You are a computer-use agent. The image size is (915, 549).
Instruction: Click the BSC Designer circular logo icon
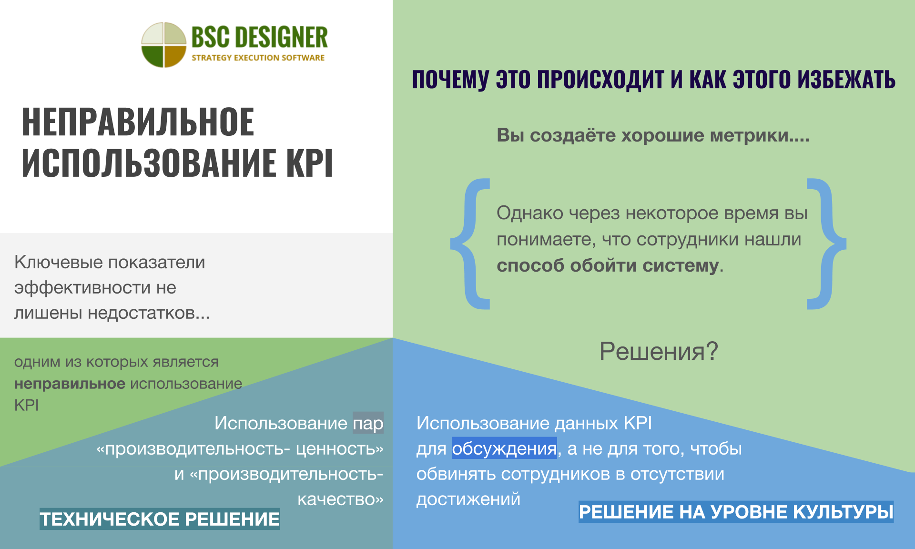point(163,45)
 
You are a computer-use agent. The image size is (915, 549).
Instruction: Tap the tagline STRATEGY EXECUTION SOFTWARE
point(258,58)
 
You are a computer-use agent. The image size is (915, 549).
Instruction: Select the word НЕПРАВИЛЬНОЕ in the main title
point(138,122)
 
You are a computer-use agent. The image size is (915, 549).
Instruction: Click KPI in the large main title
point(309,163)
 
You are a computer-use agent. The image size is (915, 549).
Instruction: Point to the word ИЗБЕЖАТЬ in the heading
point(846,79)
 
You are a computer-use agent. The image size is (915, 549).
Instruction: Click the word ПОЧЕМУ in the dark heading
point(450,79)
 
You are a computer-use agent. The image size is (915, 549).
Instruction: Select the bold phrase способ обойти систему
point(608,265)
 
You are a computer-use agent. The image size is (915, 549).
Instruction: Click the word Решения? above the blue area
point(659,351)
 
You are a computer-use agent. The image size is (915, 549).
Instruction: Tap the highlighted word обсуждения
point(504,448)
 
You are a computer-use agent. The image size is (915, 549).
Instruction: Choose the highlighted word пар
point(368,423)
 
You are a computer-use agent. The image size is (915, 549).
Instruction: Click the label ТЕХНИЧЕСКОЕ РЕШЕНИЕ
point(160,519)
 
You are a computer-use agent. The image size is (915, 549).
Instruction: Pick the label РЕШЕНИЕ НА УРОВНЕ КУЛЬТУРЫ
point(736,512)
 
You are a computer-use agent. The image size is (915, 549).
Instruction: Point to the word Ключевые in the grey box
point(59,262)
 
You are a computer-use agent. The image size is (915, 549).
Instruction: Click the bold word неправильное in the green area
point(70,384)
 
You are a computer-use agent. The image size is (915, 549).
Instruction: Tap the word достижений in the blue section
point(468,499)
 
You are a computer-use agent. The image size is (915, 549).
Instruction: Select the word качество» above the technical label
point(340,499)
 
